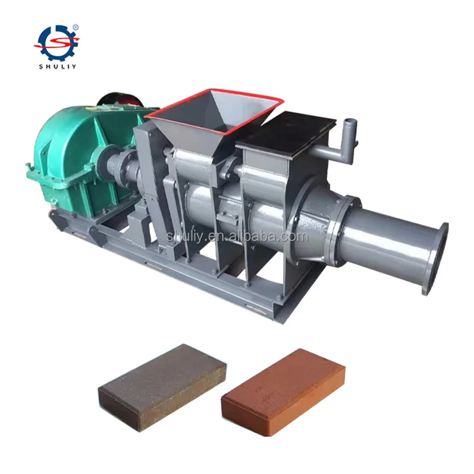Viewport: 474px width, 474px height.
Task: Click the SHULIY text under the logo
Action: pyautogui.click(x=57, y=67)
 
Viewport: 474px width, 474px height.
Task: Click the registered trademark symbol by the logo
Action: pyautogui.click(x=76, y=27)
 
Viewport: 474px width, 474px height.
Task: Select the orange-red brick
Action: pyautogui.click(x=283, y=393)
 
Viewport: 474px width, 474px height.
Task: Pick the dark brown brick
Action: pyautogui.click(x=162, y=389)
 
